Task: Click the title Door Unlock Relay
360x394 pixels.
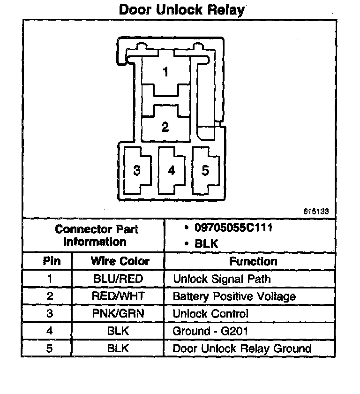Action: (x=181, y=9)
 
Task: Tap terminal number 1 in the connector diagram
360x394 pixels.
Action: (x=165, y=72)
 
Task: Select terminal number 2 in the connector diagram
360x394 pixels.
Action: (x=165, y=126)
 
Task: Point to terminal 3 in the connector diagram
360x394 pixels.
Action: (x=137, y=170)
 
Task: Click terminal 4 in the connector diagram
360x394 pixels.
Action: (x=172, y=170)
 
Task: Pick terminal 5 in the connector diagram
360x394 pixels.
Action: (x=205, y=170)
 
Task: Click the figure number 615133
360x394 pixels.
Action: (x=316, y=212)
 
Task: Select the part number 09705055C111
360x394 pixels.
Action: (x=233, y=228)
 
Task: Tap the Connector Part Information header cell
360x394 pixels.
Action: (x=96, y=235)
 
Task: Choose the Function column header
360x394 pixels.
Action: (x=253, y=261)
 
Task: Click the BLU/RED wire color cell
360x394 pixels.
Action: (x=118, y=279)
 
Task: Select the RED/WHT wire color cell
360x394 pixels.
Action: (x=118, y=296)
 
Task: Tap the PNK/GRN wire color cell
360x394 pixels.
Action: (x=118, y=313)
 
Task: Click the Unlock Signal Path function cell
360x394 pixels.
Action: (x=222, y=279)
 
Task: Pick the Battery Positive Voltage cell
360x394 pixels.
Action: (x=234, y=296)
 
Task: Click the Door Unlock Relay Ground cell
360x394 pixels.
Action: (x=242, y=349)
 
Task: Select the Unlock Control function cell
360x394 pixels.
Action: (x=210, y=313)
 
